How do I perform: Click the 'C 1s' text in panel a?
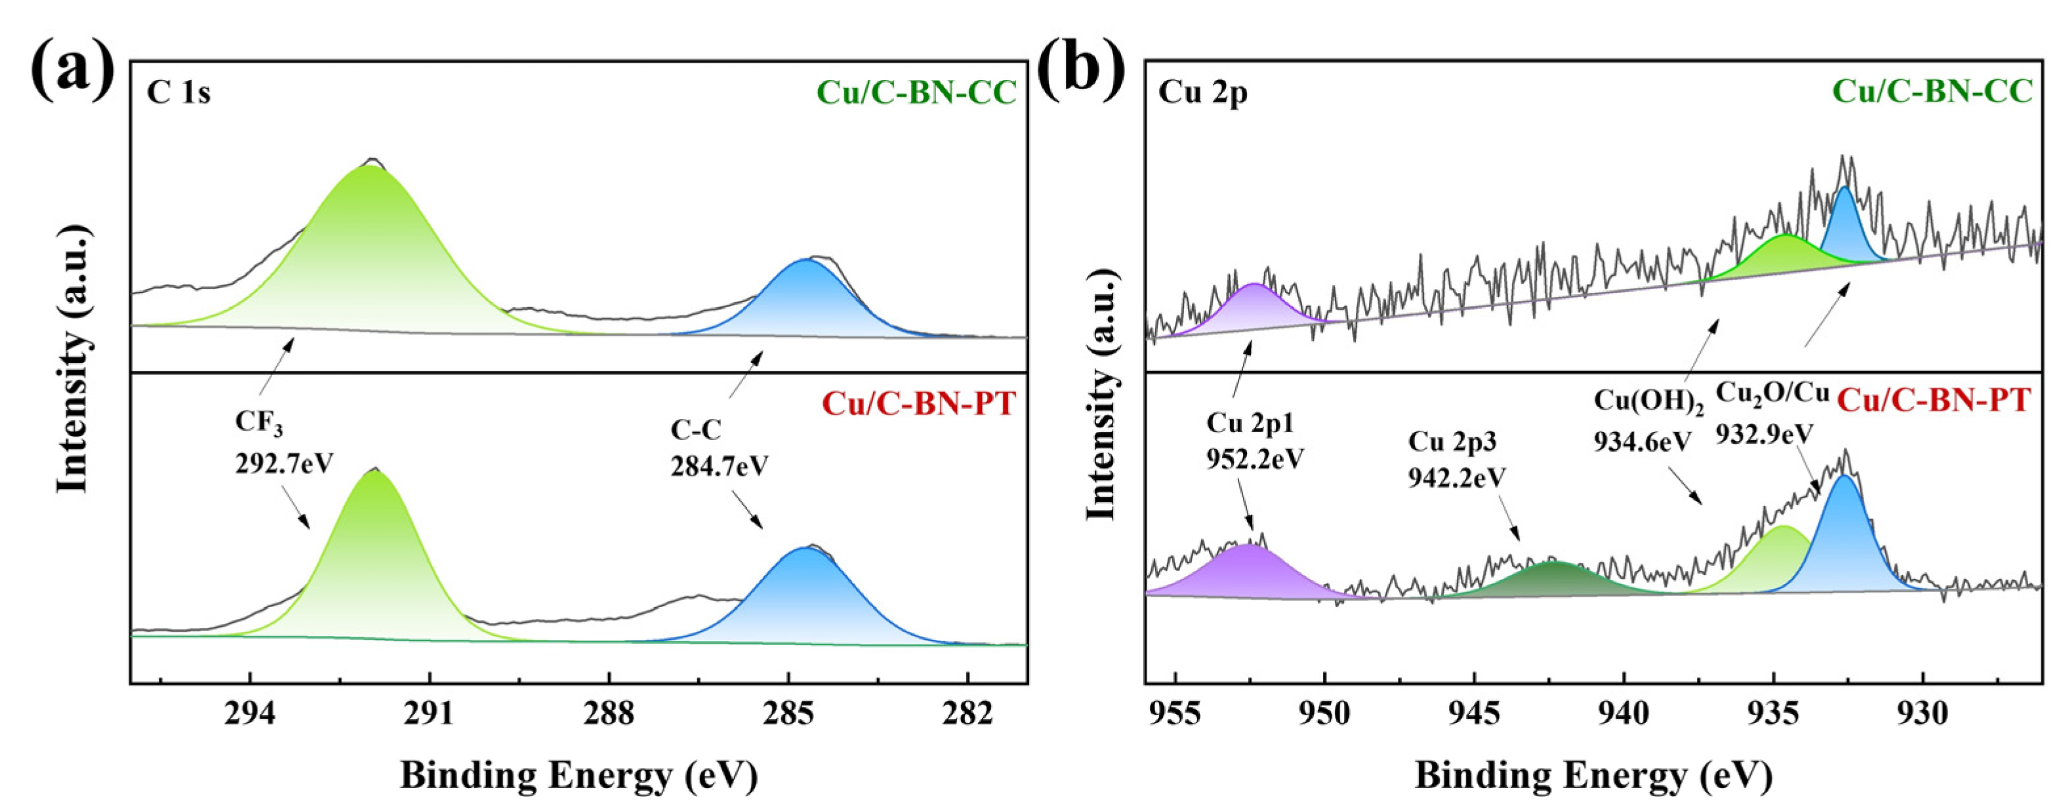(178, 94)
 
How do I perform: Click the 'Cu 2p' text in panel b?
(1202, 94)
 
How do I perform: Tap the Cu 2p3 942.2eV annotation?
(1456, 459)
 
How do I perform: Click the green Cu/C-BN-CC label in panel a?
(916, 93)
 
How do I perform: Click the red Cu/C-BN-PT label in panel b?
(1932, 400)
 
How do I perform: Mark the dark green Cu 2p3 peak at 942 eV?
(1552, 580)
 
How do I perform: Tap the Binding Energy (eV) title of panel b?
(1593, 775)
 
